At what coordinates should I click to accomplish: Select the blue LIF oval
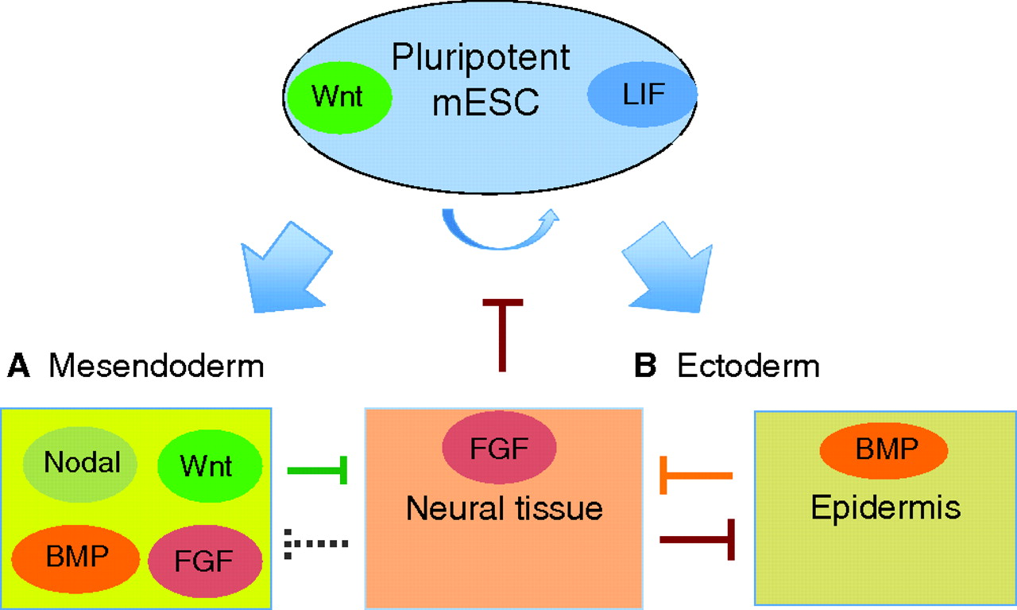pos(642,95)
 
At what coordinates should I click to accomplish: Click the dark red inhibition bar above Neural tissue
pos(501,334)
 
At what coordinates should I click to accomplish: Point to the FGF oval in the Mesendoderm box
pos(206,560)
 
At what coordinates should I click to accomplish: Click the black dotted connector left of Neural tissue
pos(315,545)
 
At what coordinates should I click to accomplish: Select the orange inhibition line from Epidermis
pos(696,476)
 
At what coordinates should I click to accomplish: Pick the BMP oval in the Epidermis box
pos(883,450)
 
